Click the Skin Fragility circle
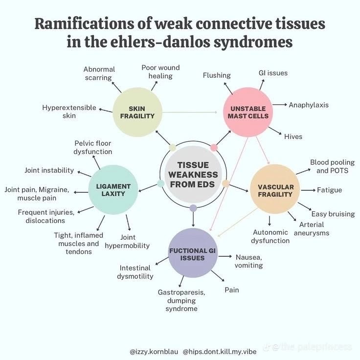(137, 112)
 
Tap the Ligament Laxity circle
(113, 190)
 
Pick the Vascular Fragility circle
(275, 190)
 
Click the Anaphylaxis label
(308, 105)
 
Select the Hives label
(293, 136)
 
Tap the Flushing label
(217, 75)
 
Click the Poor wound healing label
(160, 71)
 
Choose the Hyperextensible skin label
(69, 112)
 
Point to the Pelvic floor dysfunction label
(93, 147)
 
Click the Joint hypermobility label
(128, 241)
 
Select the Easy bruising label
(333, 214)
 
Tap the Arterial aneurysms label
(312, 228)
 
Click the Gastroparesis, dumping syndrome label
(181, 300)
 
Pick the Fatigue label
(329, 190)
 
